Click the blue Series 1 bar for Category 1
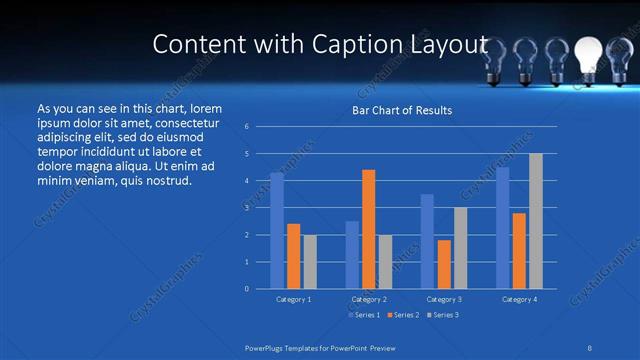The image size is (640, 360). pyautogui.click(x=277, y=231)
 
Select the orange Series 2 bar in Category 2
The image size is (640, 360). pyautogui.click(x=369, y=229)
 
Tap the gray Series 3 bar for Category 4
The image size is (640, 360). pyautogui.click(x=536, y=221)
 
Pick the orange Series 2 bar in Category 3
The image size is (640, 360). pyautogui.click(x=444, y=264)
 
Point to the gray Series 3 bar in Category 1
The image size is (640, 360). pyautogui.click(x=310, y=262)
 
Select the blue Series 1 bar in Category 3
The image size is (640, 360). pyautogui.click(x=427, y=241)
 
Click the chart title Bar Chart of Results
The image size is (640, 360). pyautogui.click(x=402, y=110)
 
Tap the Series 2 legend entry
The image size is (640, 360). pyautogui.click(x=402, y=315)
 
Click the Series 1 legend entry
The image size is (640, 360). pyautogui.click(x=363, y=315)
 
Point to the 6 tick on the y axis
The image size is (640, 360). pyautogui.click(x=247, y=127)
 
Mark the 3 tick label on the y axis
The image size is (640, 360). pyautogui.click(x=247, y=208)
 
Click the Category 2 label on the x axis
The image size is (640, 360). pyautogui.click(x=369, y=299)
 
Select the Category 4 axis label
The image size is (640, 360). pyautogui.click(x=519, y=299)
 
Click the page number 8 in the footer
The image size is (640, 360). pyautogui.click(x=591, y=347)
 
